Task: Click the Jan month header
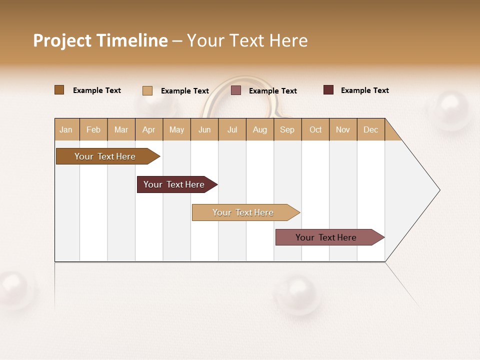tap(66, 129)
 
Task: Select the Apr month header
tap(148, 129)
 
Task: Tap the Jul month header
tap(232, 129)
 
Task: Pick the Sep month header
tap(287, 129)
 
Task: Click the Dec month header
tap(370, 129)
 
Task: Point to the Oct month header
tap(315, 129)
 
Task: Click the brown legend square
tap(59, 90)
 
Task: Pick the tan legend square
tap(147, 90)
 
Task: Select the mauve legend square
tap(236, 90)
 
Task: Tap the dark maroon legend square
tap(328, 90)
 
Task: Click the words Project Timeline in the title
tap(100, 40)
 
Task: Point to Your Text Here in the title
tap(247, 40)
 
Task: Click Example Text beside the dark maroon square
tap(364, 90)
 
